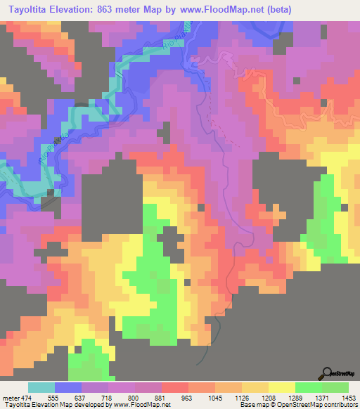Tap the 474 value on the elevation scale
coord(25,398)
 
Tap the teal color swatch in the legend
coord(41,387)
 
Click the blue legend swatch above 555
coord(68,387)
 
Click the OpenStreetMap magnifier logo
coord(326,373)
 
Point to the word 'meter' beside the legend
coord(10,398)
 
